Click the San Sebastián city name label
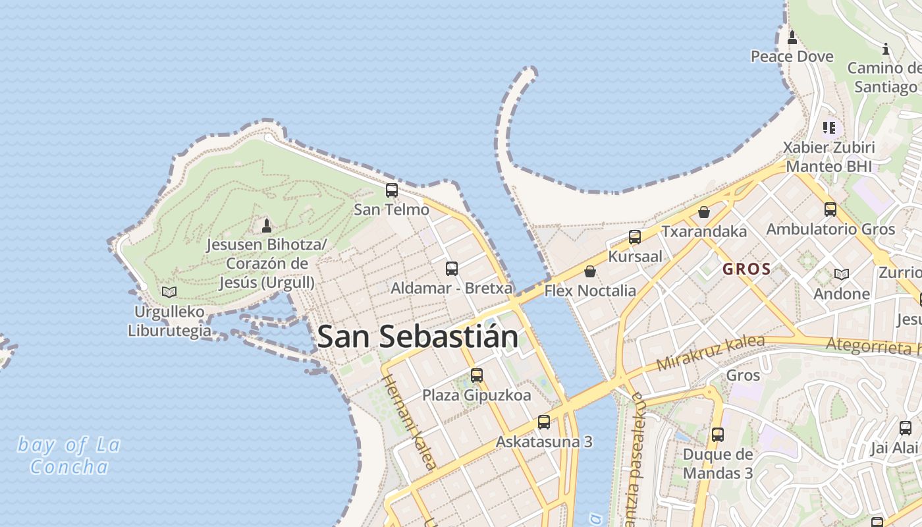[417, 337]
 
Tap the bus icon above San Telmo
[392, 190]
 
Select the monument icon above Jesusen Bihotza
[267, 226]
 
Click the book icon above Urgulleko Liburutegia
[169, 292]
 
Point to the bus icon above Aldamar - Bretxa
[451, 268]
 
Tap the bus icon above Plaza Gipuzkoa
[477, 375]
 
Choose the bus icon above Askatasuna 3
[544, 422]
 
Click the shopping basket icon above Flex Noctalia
[590, 271]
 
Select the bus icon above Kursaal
[635, 237]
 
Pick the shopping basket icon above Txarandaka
[704, 212]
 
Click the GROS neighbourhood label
[746, 269]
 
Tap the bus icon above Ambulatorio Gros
[830, 209]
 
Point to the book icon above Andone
[841, 274]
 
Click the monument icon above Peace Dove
[792, 38]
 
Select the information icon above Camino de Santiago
[886, 49]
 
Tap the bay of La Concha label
[69, 456]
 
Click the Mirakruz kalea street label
[710, 352]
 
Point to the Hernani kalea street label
[409, 422]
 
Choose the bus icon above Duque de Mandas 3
[718, 435]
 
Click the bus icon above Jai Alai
[906, 428]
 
